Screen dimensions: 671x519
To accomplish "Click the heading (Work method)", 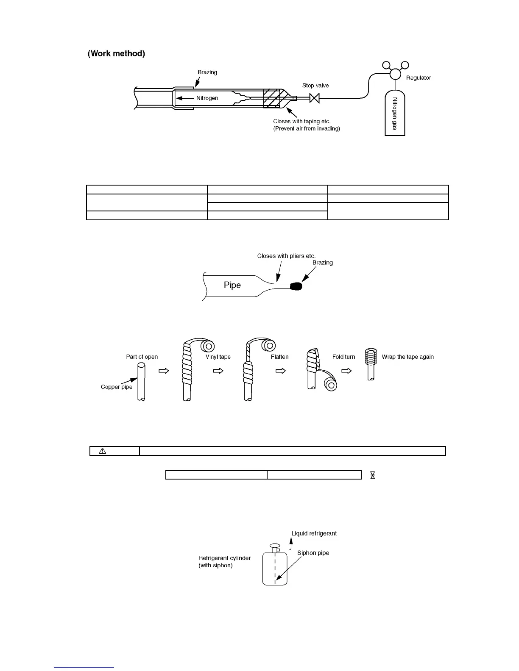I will pyautogui.click(x=116, y=54).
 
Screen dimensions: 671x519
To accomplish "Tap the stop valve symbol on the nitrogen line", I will pyautogui.click(x=315, y=98).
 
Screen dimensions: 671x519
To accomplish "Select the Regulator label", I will pyautogui.click(x=418, y=78).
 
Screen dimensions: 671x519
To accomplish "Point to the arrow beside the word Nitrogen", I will pyautogui.click(x=185, y=98).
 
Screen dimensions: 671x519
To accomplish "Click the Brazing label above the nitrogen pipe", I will pyautogui.click(x=207, y=72).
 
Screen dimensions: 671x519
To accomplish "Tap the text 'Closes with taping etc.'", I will pyautogui.click(x=301, y=122).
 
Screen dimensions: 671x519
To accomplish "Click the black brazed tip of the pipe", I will pyautogui.click(x=296, y=287).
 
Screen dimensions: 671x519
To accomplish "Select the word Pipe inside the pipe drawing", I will pyautogui.click(x=232, y=286).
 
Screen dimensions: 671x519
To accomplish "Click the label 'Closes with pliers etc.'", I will pyautogui.click(x=286, y=256).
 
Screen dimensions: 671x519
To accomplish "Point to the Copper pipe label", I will pyautogui.click(x=117, y=387).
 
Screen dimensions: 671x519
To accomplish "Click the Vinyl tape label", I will pyautogui.click(x=218, y=357).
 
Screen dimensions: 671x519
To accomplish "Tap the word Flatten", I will pyautogui.click(x=279, y=357).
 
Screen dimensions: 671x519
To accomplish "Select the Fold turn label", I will pyautogui.click(x=343, y=357).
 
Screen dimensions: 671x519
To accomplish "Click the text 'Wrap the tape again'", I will pyautogui.click(x=407, y=357).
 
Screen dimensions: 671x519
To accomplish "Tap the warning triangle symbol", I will pyautogui.click(x=102, y=451).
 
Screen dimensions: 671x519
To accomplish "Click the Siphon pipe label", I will pyautogui.click(x=313, y=553).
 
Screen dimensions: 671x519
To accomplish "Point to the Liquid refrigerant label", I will pyautogui.click(x=314, y=533).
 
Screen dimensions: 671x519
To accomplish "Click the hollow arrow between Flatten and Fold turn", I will pyautogui.click(x=281, y=371).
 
